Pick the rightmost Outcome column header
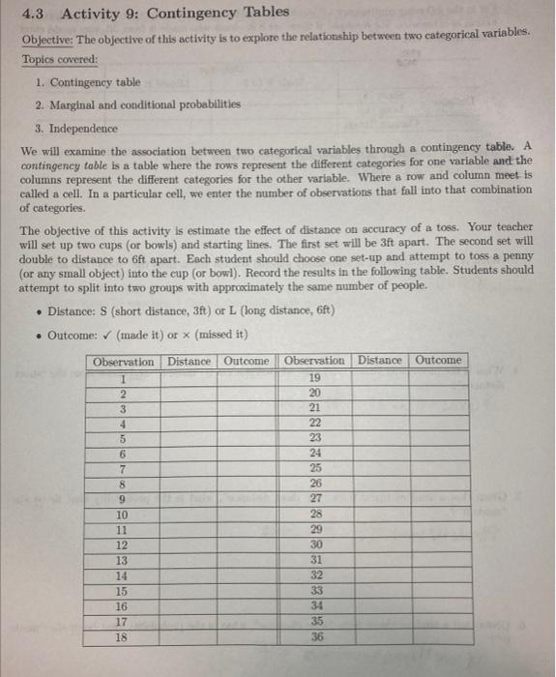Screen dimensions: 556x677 point(439,361)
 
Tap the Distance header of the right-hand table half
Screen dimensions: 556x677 point(380,361)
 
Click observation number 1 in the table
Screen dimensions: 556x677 point(122,378)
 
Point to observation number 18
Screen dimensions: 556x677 point(122,639)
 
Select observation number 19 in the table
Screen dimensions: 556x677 point(313,378)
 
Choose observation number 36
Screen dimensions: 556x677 point(313,639)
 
